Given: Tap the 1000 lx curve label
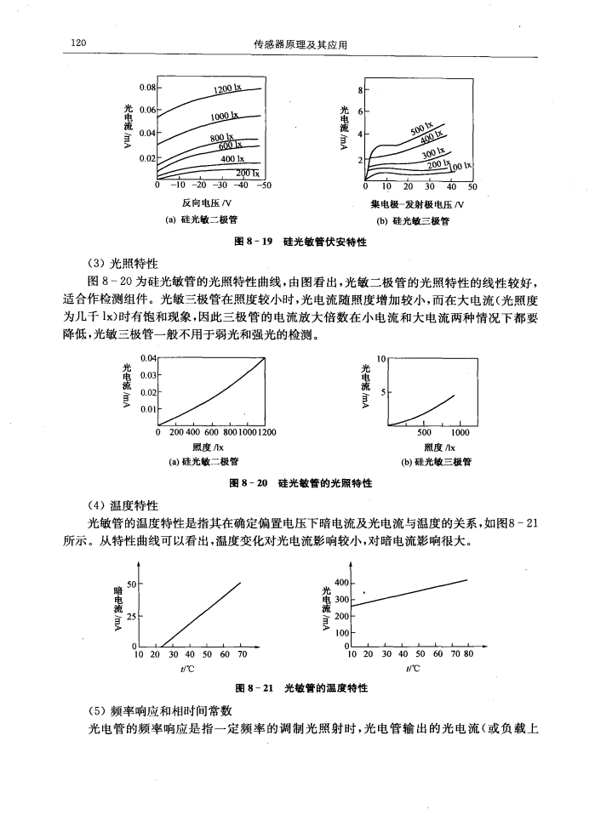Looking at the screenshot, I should click(x=225, y=117).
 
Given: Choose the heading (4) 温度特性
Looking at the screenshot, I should click(x=123, y=505).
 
